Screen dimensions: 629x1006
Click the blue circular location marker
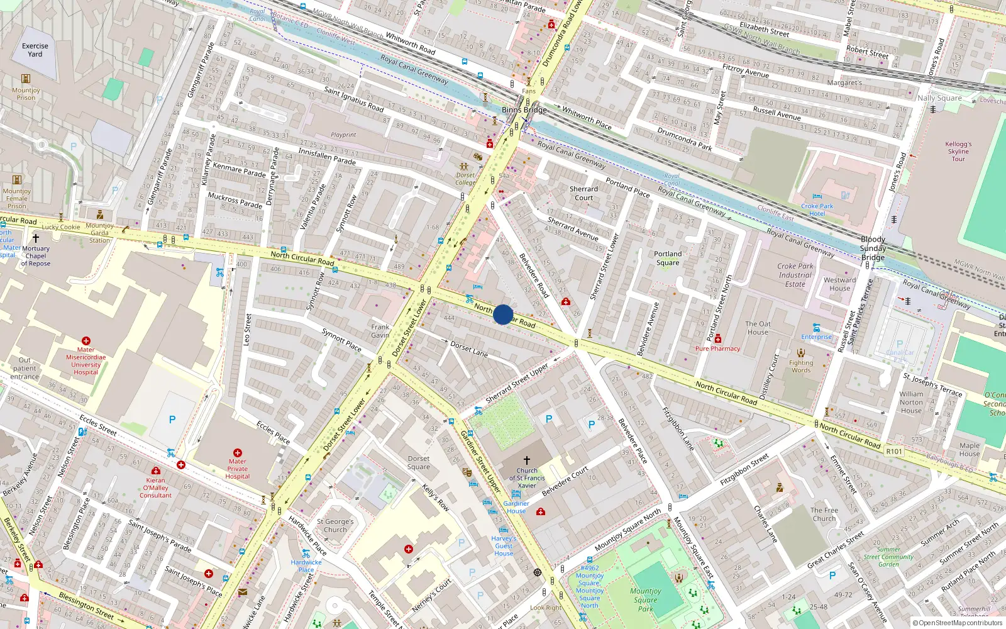pos(503,314)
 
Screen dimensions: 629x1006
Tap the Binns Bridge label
pos(524,109)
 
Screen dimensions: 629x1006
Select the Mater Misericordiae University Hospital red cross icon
pos(86,341)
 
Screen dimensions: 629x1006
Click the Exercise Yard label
pos(35,50)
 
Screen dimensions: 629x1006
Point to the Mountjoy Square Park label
pos(645,599)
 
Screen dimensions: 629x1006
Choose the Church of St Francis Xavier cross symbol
pos(527,460)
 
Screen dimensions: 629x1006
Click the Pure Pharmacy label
pos(717,348)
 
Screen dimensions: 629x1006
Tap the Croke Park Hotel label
pos(817,210)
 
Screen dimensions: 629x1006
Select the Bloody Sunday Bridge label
pos(873,248)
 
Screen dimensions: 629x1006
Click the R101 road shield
pos(893,451)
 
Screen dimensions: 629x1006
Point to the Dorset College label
pos(465,179)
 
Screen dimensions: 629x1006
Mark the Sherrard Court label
pos(583,193)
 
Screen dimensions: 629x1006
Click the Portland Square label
pos(668,259)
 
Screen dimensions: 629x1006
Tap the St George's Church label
pos(335,525)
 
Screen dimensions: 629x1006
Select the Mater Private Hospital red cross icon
pos(238,453)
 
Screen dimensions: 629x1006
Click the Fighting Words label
pos(801,366)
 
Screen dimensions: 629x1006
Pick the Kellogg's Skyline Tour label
pos(958,151)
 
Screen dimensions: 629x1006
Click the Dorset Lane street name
pos(469,349)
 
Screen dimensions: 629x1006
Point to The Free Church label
pos(824,514)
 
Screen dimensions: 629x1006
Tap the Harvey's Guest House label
pos(504,545)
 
